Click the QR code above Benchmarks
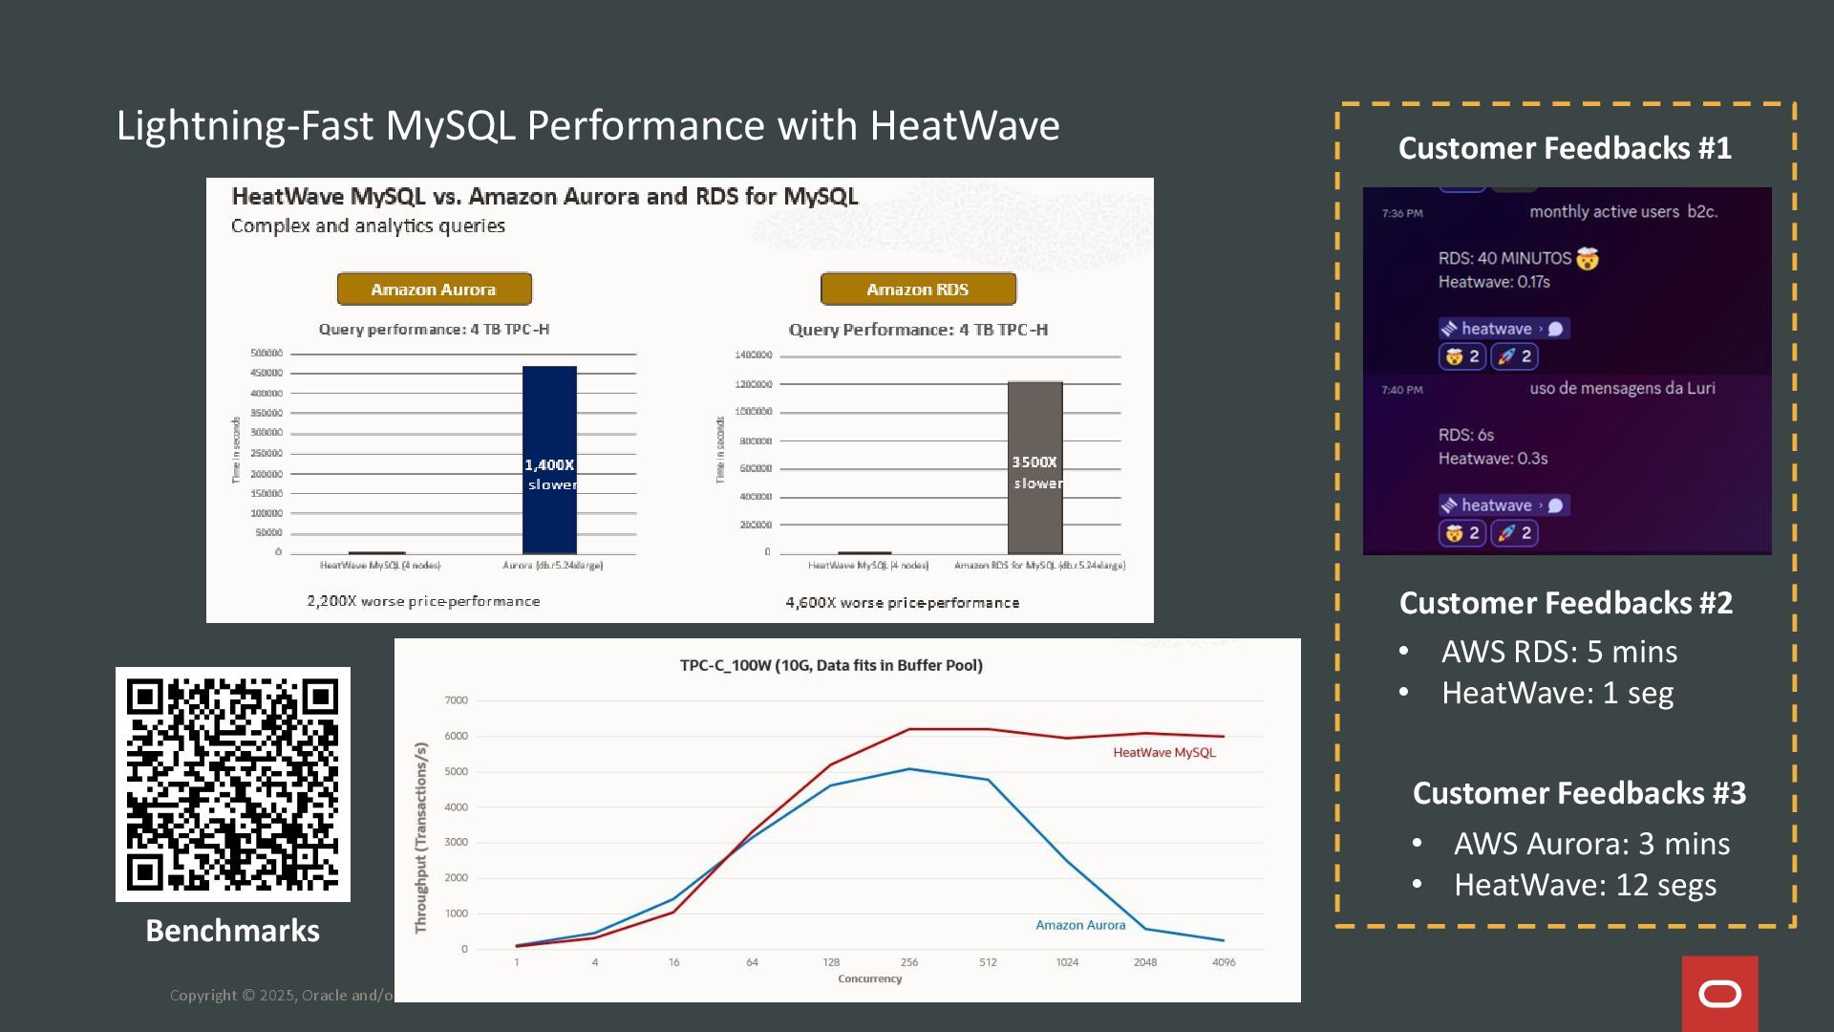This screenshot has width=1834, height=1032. [232, 784]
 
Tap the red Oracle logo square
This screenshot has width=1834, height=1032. [1719, 994]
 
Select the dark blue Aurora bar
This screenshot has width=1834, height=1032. [549, 460]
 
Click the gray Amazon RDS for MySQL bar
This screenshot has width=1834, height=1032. [1034, 467]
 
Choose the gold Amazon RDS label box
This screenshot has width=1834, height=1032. [917, 289]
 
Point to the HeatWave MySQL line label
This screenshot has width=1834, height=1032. [1163, 753]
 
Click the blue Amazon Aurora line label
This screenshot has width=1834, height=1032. [1080, 925]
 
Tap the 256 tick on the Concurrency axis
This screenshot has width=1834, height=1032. [909, 962]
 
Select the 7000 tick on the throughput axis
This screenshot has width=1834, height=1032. [456, 700]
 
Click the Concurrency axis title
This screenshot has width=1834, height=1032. [869, 978]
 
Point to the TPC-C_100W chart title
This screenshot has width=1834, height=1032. [831, 665]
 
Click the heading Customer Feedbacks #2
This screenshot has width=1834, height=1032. [1566, 603]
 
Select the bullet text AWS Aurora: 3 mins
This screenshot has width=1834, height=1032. [1591, 844]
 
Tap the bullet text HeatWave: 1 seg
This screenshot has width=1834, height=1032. [1557, 693]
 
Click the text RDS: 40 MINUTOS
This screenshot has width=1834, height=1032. [1504, 258]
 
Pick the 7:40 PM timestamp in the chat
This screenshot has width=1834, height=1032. [1401, 390]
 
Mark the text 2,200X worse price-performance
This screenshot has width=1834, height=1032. [423, 601]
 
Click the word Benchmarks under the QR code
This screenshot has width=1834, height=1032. [232, 931]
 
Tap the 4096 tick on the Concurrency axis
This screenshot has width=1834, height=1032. [1223, 962]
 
